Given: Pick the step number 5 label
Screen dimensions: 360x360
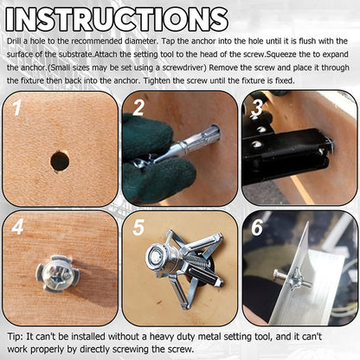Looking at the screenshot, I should pyautogui.click(x=139, y=228).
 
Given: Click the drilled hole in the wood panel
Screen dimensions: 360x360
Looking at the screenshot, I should pyautogui.click(x=60, y=161).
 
